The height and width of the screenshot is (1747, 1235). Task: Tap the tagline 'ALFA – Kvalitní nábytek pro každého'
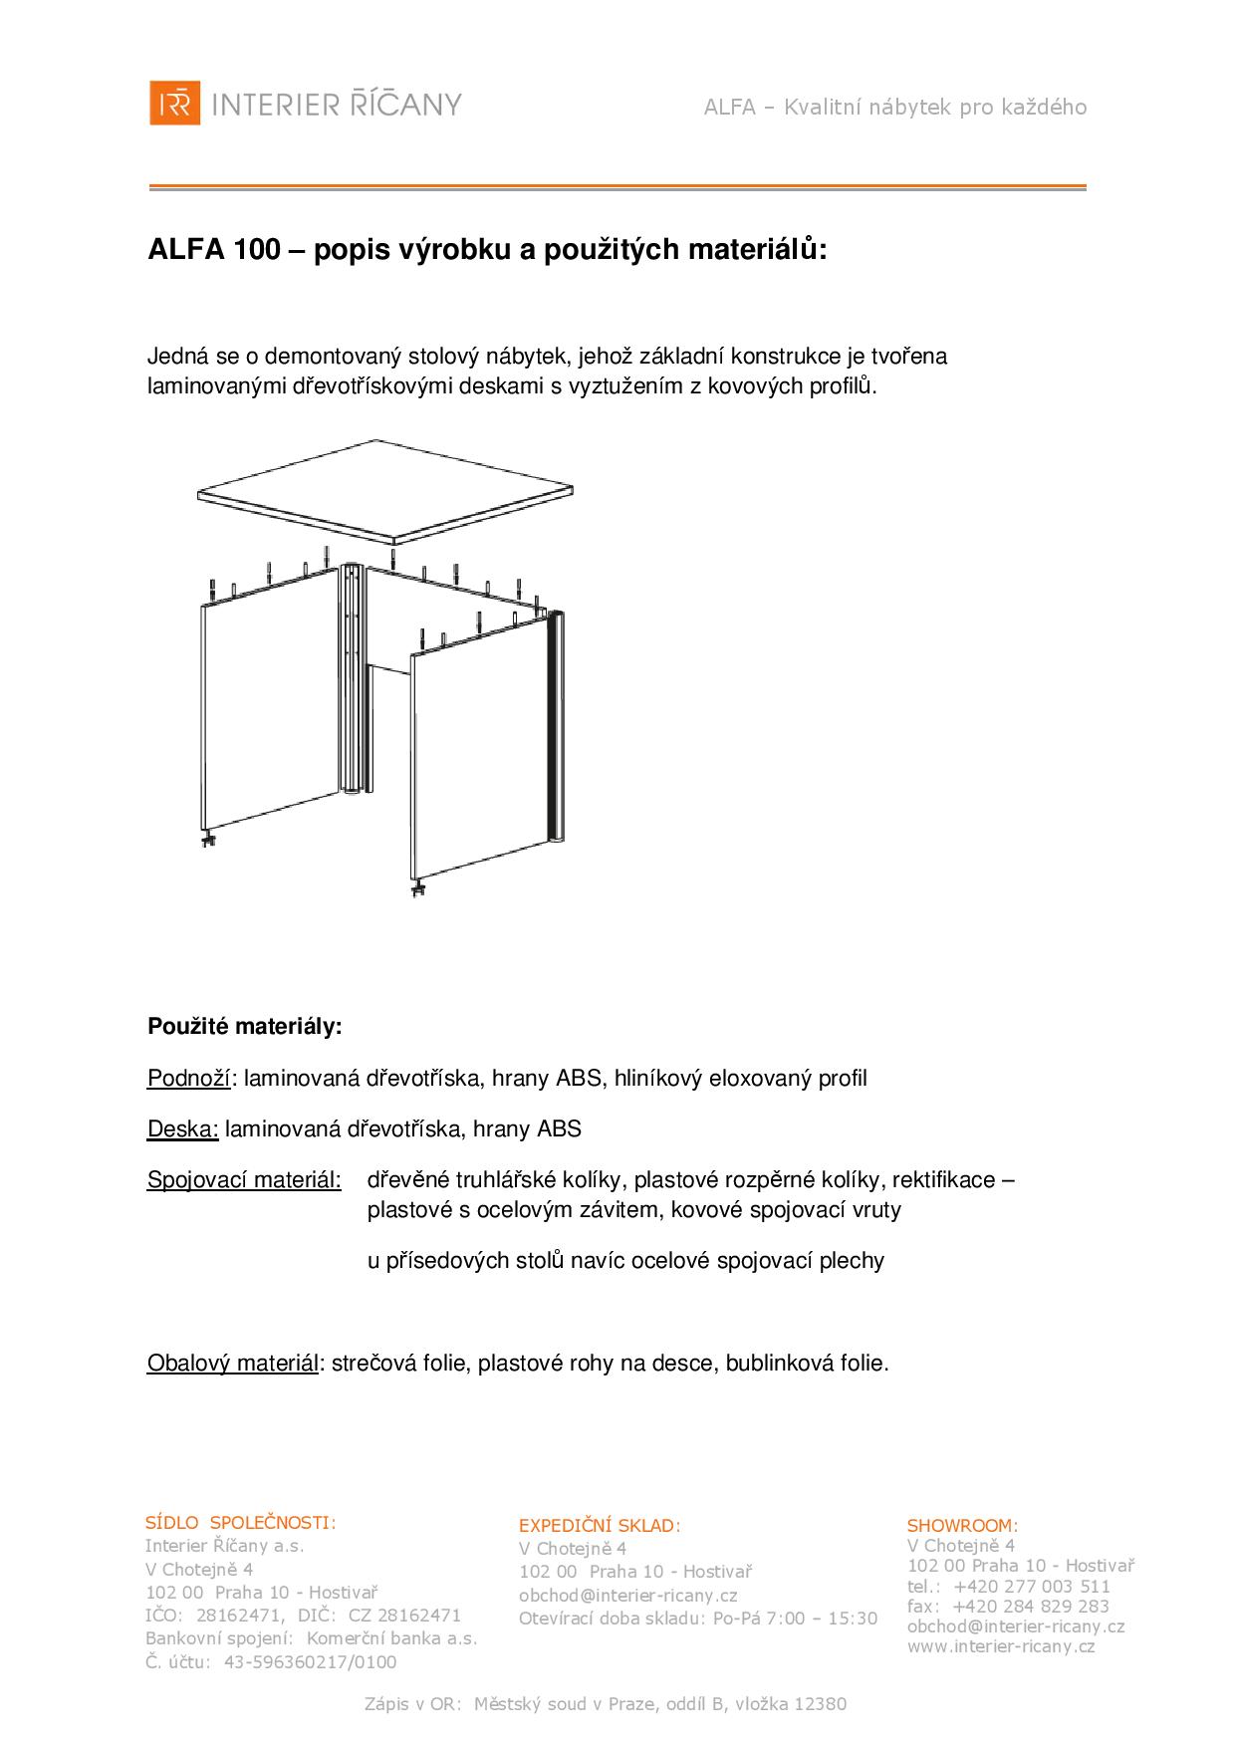coord(894,108)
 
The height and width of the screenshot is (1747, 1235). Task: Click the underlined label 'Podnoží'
coord(189,1078)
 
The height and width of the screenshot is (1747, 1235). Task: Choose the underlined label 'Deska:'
coord(182,1128)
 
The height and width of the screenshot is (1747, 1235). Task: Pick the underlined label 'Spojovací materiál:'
coord(244,1180)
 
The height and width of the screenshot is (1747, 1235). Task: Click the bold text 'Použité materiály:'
coord(244,1026)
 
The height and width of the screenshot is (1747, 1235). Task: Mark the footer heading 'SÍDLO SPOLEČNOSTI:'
coord(240,1522)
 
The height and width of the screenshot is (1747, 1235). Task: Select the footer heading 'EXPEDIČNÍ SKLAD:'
coord(600,1525)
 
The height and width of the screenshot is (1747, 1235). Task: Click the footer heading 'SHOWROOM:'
coord(962,1525)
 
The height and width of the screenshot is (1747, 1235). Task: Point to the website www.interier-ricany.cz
coord(1000,1646)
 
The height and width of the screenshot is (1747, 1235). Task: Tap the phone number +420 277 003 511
coord(1031,1586)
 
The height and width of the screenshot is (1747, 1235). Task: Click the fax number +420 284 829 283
coord(1031,1606)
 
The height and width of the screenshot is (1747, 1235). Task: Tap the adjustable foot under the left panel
coord(210,841)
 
